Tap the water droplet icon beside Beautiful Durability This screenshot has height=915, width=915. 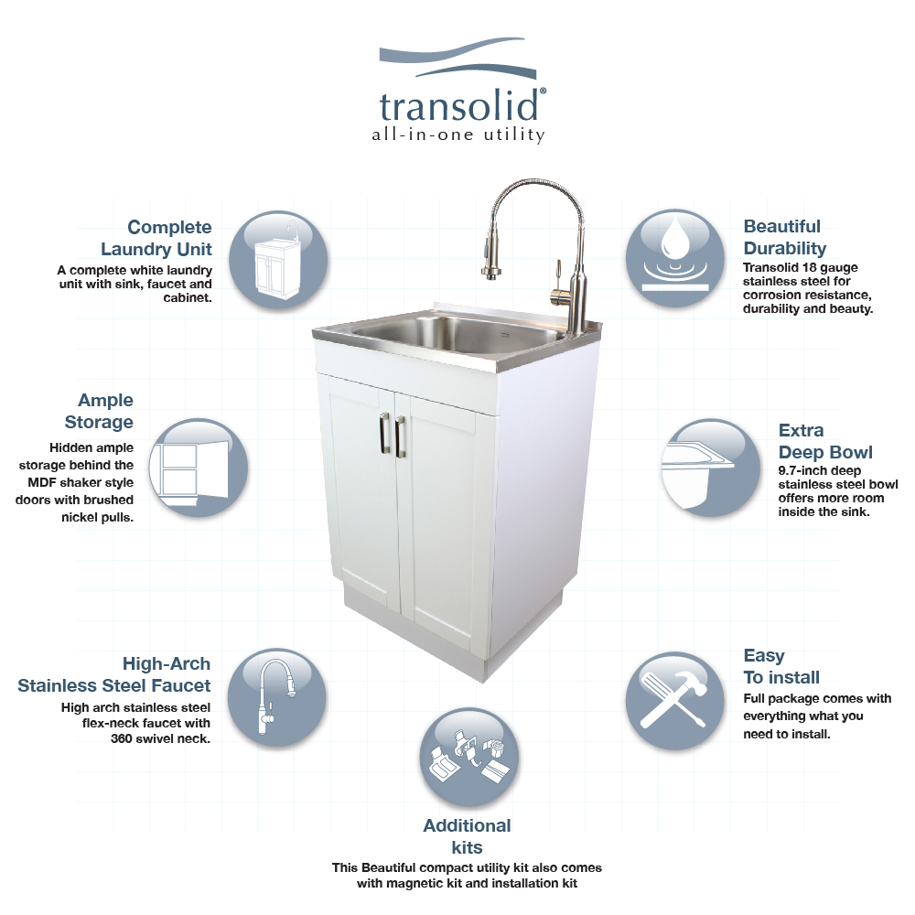[x=675, y=259]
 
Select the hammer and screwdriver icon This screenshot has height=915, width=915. [x=675, y=700]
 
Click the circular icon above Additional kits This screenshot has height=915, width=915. [x=468, y=757]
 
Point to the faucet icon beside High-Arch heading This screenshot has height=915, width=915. [x=276, y=697]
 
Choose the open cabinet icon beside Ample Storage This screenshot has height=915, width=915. [x=199, y=468]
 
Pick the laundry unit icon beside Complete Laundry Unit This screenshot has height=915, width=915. [x=278, y=260]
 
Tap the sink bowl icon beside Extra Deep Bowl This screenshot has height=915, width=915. [x=711, y=468]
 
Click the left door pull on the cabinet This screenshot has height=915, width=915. [x=384, y=432]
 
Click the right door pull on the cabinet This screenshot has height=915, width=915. [x=400, y=436]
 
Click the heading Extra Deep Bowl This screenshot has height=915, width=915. [x=825, y=441]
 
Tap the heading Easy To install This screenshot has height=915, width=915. [x=781, y=666]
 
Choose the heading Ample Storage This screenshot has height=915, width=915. [x=99, y=411]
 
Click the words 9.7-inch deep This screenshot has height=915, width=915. [x=819, y=470]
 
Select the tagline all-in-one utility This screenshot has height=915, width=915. [x=458, y=135]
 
